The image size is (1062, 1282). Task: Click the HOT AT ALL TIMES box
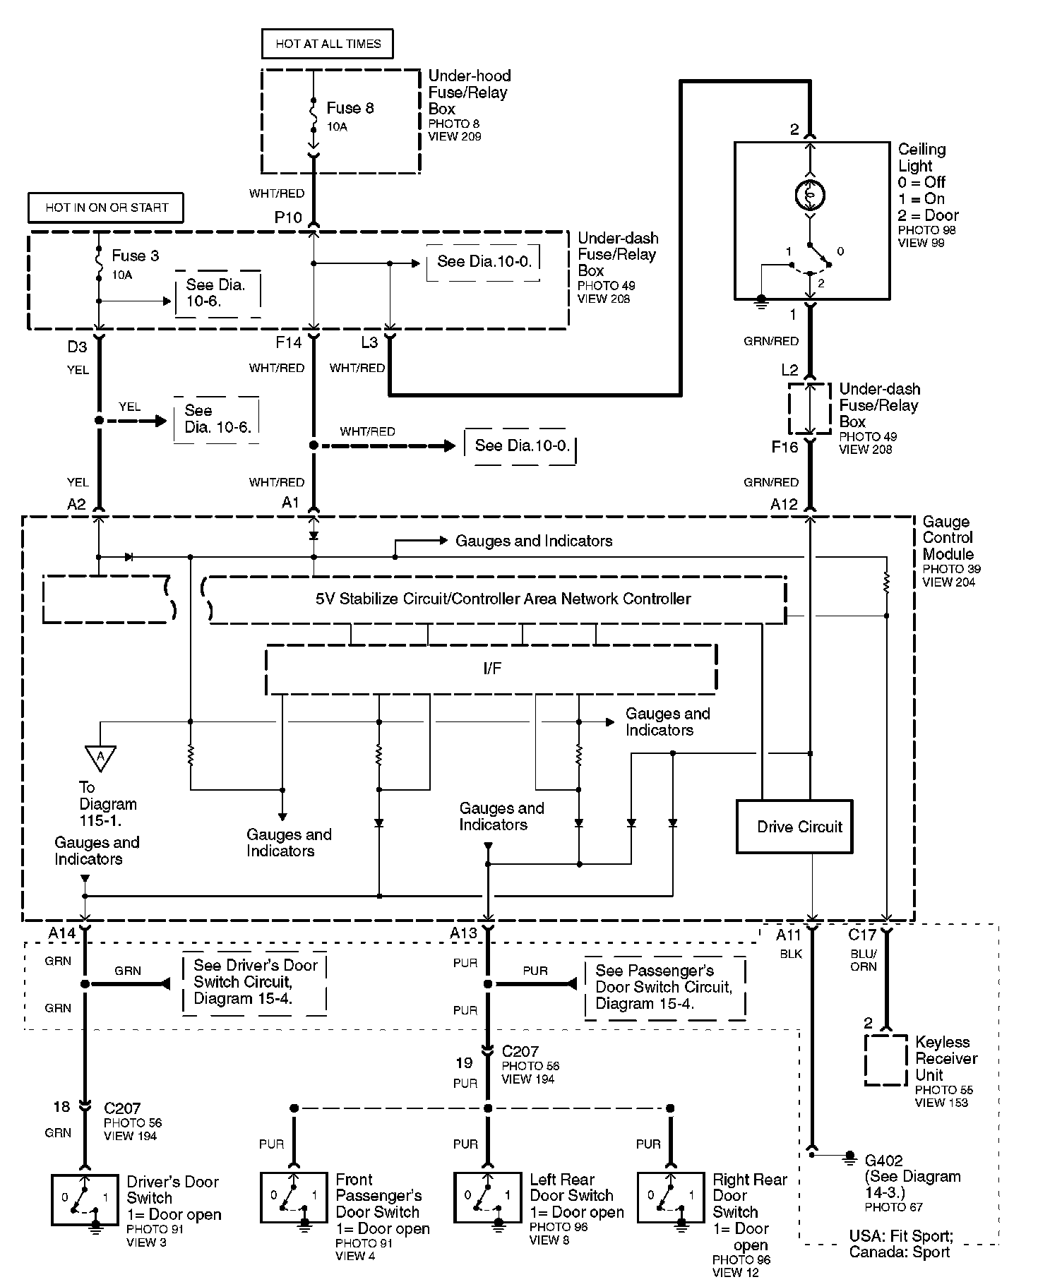tap(327, 44)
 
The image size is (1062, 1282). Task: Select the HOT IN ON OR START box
tap(107, 208)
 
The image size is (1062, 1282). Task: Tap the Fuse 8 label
tap(350, 108)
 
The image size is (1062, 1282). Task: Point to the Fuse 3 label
tap(135, 256)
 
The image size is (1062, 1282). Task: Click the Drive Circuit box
tap(794, 827)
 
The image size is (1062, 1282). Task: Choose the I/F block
tap(491, 669)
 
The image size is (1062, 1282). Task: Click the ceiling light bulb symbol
tap(810, 196)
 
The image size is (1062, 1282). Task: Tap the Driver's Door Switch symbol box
tap(85, 1199)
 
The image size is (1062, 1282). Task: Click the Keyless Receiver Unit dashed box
tap(885, 1060)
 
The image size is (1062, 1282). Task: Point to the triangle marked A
tap(100, 757)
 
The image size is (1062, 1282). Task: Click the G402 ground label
tap(883, 1160)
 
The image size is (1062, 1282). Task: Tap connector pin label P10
tap(288, 217)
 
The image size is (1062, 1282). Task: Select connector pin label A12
tap(784, 505)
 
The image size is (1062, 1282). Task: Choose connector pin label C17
tap(861, 935)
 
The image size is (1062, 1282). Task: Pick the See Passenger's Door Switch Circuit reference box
tap(664, 988)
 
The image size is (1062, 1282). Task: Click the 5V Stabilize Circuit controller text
tap(503, 599)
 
